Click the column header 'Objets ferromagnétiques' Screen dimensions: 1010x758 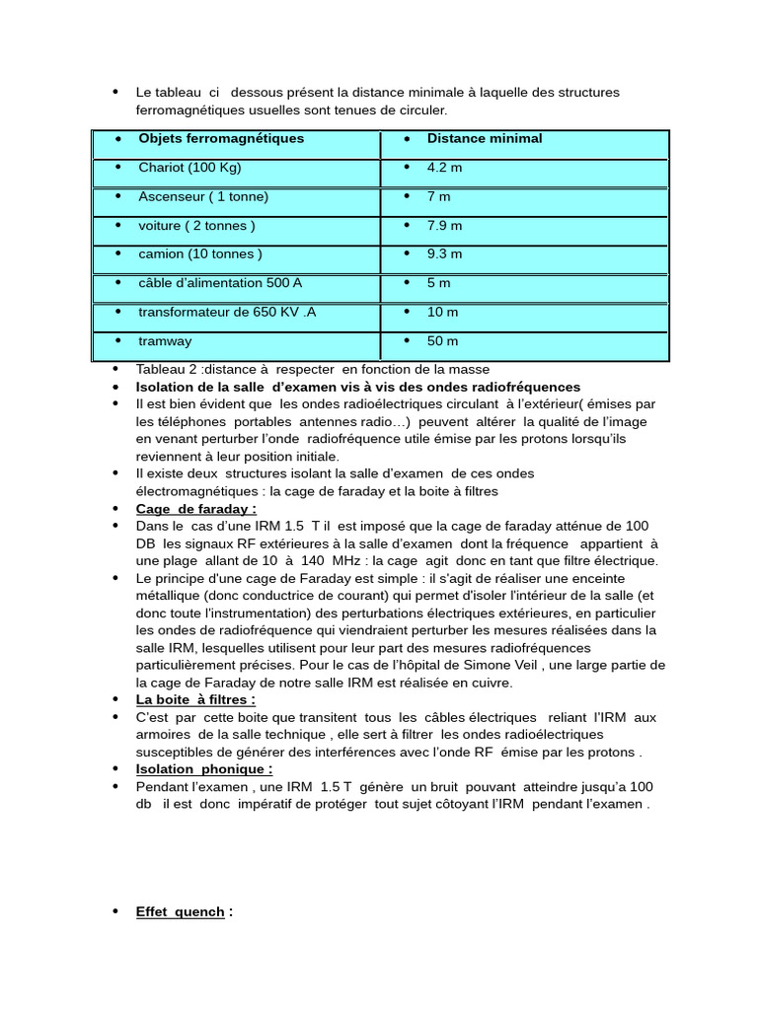(x=221, y=139)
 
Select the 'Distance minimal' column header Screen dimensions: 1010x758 (x=485, y=139)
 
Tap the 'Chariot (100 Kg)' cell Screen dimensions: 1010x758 (x=189, y=168)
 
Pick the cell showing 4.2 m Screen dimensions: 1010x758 (x=444, y=168)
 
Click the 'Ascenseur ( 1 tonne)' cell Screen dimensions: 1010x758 (x=203, y=196)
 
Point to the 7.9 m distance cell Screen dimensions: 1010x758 (x=444, y=226)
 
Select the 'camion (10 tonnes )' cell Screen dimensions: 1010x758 (x=200, y=254)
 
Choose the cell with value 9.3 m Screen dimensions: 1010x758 (x=444, y=254)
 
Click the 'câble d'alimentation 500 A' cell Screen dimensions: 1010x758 (x=220, y=283)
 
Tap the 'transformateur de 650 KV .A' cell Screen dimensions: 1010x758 (x=227, y=313)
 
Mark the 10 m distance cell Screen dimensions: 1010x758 (x=442, y=313)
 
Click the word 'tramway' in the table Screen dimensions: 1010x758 (x=165, y=341)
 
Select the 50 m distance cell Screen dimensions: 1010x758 (x=442, y=341)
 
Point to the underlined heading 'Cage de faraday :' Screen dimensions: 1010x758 (x=195, y=509)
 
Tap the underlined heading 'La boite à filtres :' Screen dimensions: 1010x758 (x=195, y=699)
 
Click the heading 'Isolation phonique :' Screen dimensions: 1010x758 (x=204, y=768)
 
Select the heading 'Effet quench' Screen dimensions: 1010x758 (x=181, y=912)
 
